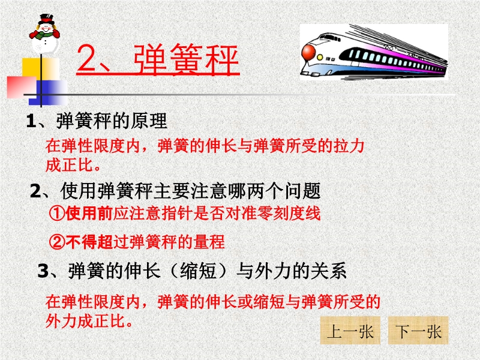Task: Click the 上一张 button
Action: pos(350,331)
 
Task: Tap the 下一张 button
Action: pos(418,331)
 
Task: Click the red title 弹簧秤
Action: pos(186,59)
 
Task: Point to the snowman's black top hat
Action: pos(46,19)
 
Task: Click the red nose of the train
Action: pos(308,53)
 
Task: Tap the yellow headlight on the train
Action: pos(320,58)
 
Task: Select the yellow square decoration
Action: pos(40,69)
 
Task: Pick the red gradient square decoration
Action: pos(22,87)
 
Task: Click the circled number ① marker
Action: pos(57,214)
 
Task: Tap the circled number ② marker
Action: pos(57,242)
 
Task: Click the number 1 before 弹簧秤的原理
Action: pos(31,121)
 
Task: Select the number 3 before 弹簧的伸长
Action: pos(43,271)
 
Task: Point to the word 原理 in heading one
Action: pos(149,121)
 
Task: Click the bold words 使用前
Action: pos(89,214)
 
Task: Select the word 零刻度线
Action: pos(289,214)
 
